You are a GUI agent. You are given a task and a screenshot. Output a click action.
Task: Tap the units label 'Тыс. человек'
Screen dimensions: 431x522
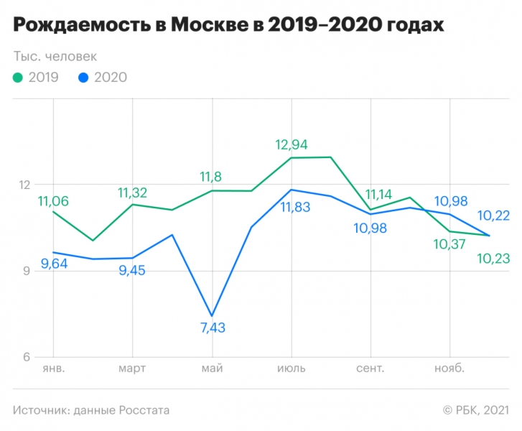coord(55,56)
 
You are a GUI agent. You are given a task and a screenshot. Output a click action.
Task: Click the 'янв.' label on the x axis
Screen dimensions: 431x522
coord(53,369)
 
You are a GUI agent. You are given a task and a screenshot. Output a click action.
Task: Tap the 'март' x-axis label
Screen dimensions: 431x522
coord(132,369)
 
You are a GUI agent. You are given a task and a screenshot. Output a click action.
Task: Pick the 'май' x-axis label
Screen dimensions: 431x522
coord(212,369)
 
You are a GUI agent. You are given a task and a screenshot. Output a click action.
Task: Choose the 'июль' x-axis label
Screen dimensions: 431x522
coord(291,369)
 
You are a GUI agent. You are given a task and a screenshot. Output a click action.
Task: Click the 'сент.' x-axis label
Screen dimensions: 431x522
coord(370,369)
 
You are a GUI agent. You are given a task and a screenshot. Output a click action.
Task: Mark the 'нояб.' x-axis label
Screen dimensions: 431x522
coord(449,369)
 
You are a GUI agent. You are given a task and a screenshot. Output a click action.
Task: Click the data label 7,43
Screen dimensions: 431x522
coord(212,328)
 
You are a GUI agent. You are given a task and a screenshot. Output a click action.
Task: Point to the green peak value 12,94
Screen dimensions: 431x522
coord(292,145)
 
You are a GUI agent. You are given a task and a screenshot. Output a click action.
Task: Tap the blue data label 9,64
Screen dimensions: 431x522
coord(55,264)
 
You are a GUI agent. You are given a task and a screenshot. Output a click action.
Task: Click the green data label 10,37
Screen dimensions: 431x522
coord(449,244)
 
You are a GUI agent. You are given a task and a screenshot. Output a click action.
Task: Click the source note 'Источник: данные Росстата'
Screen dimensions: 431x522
coord(91,410)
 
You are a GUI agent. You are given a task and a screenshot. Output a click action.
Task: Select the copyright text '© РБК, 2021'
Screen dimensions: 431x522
coord(476,410)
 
